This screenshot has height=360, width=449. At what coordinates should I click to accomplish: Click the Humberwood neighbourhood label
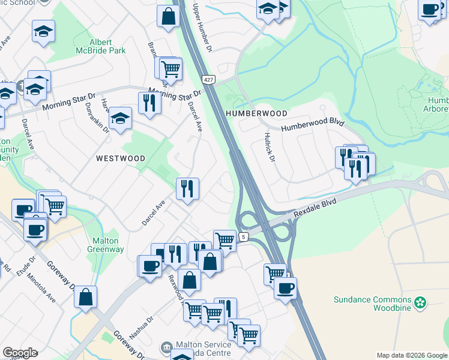coord(256,113)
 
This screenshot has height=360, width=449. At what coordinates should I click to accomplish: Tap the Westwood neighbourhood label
coord(121,158)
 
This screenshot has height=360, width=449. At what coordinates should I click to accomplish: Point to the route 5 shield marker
coord(243,237)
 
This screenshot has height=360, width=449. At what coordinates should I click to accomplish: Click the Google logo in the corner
coord(20,353)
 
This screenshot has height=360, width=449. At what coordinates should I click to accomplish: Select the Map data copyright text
coord(412,355)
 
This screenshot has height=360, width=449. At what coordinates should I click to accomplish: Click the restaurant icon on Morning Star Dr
coord(149,103)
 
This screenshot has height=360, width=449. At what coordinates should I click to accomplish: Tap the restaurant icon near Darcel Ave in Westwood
coord(187,189)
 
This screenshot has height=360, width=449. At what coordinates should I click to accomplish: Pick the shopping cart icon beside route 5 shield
coord(224,239)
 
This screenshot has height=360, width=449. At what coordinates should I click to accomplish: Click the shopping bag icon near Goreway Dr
coord(86,296)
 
